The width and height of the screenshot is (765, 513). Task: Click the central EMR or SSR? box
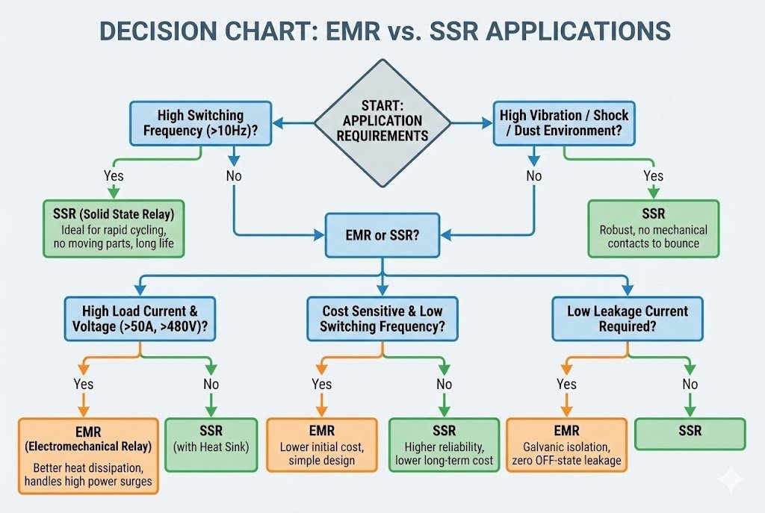(x=382, y=234)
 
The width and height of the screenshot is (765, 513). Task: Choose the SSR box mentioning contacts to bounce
(x=653, y=228)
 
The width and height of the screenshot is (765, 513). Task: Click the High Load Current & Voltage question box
(x=140, y=319)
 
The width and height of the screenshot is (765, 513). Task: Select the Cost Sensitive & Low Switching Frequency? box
(x=382, y=319)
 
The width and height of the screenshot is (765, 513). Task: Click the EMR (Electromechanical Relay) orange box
(x=87, y=455)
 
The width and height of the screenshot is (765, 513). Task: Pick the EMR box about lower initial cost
(x=322, y=445)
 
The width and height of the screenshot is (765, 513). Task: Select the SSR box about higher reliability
(x=444, y=445)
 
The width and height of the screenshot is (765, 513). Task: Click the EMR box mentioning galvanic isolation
(x=566, y=445)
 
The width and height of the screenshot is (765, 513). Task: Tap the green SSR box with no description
(x=690, y=433)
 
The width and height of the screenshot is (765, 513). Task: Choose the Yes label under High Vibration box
(x=653, y=176)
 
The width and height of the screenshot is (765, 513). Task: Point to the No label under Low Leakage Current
(x=690, y=385)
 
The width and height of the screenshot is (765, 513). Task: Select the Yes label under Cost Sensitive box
(x=322, y=385)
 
